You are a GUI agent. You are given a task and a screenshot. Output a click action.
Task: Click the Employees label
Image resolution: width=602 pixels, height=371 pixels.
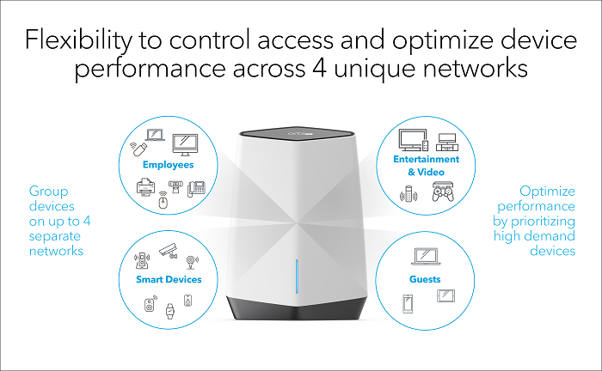(x=169, y=164)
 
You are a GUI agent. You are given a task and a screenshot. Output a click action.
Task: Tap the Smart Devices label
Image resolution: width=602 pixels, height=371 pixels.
(x=169, y=279)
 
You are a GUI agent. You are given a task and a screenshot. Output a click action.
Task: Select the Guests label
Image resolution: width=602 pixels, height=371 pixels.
(x=425, y=279)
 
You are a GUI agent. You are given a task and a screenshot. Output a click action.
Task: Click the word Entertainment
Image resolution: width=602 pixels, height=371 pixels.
(x=426, y=159)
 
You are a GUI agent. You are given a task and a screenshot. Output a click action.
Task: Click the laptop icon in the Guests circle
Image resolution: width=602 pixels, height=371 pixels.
(x=426, y=256)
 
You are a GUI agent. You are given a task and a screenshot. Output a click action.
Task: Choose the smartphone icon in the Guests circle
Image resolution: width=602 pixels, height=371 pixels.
(x=408, y=302)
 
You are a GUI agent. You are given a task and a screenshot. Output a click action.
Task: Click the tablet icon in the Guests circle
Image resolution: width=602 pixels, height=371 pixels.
(x=445, y=296)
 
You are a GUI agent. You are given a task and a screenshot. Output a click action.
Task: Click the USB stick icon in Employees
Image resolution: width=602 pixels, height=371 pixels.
(x=136, y=149)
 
